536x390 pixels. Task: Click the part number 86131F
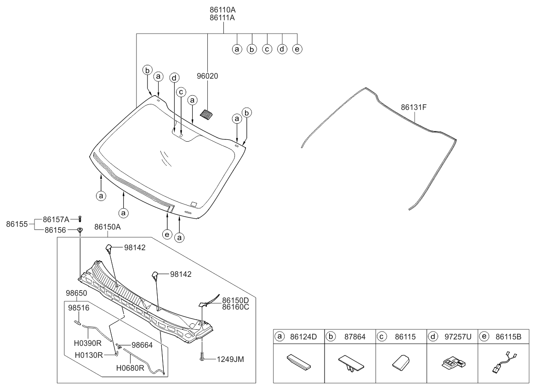pos(414,108)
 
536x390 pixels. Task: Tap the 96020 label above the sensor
pos(207,76)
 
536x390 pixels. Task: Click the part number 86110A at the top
pos(222,10)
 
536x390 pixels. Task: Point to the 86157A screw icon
pos(80,219)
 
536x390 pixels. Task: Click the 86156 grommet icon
pos(80,230)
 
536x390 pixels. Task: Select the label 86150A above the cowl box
pos(107,227)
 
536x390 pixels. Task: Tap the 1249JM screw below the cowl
pos(202,356)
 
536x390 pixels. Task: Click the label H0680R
pos(130,368)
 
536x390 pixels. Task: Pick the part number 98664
pos(142,345)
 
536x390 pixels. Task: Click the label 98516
pos(79,308)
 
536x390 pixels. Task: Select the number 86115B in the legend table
pos(508,337)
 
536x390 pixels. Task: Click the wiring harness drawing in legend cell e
pos(503,363)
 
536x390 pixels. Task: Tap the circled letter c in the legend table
pos(382,337)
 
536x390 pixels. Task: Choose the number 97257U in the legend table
pos(458,337)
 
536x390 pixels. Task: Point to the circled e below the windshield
pos(167,235)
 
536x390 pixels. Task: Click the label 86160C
pos(235,307)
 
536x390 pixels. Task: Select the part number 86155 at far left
pos(17,224)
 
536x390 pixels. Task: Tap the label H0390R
pos(87,343)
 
